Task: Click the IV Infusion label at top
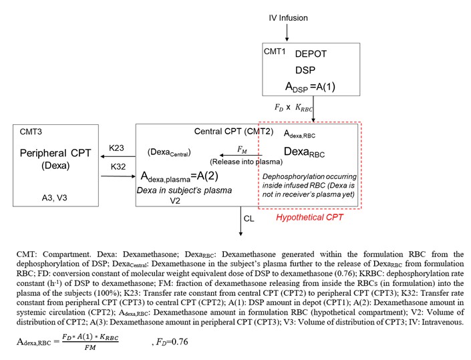(x=284, y=17)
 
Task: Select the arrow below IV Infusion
(x=287, y=32)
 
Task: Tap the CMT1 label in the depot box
(x=275, y=51)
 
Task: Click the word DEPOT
(x=311, y=55)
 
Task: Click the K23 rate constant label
(x=118, y=148)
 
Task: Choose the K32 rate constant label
(x=118, y=166)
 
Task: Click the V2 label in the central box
(x=176, y=200)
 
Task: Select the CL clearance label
(x=249, y=218)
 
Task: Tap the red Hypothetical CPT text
(x=306, y=217)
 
